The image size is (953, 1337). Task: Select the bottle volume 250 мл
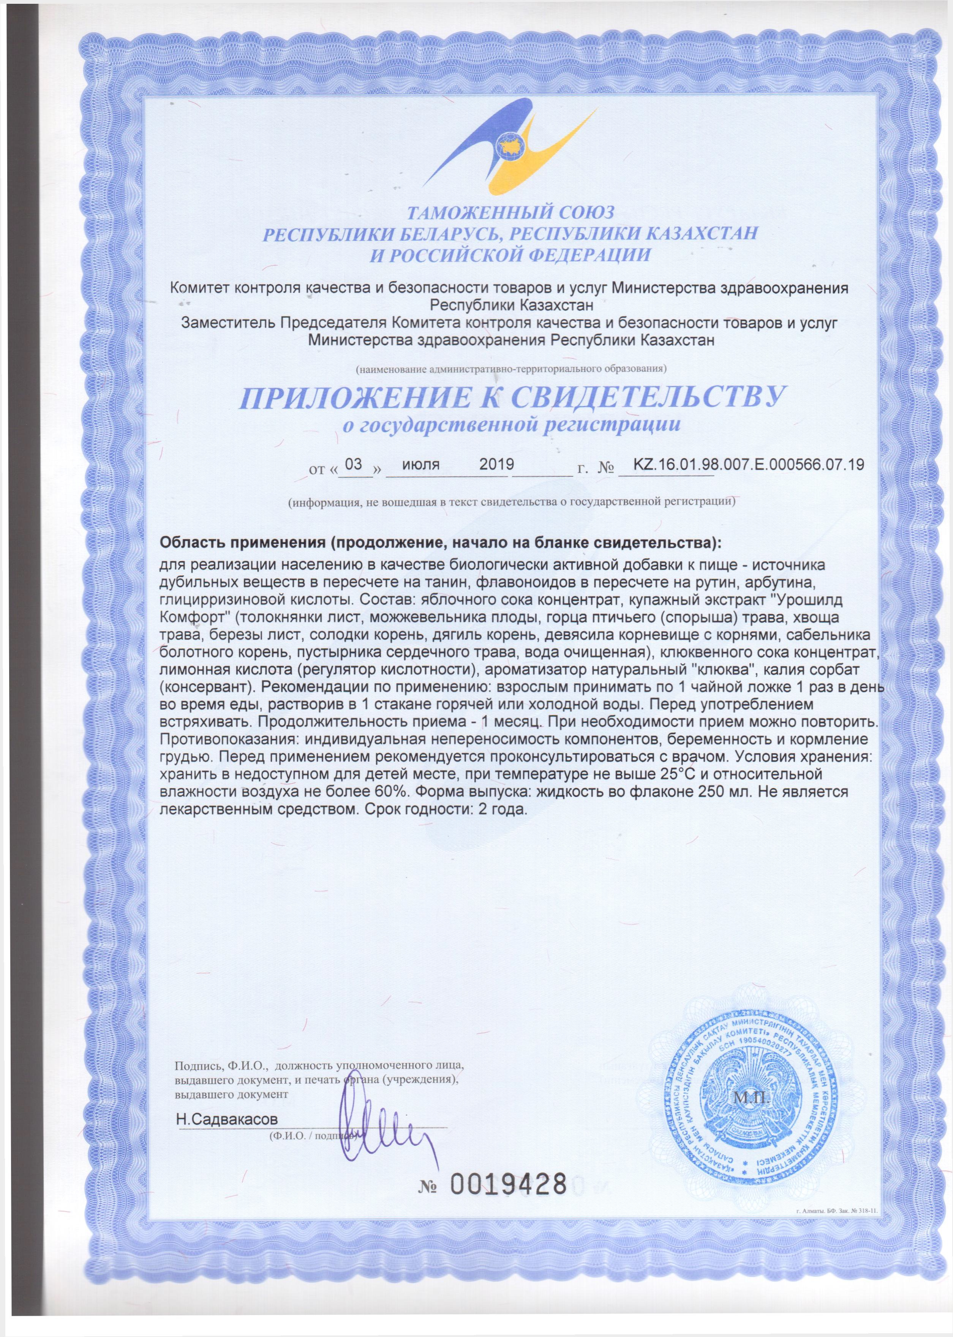(721, 792)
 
